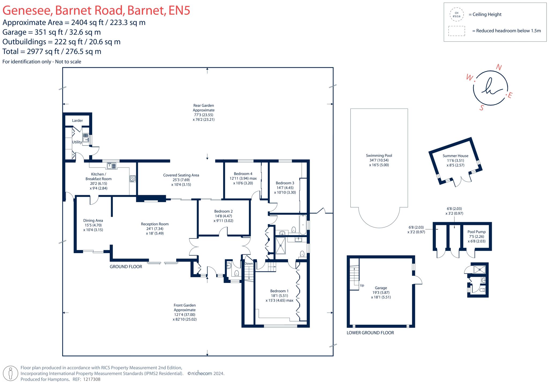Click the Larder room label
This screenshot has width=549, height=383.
77,121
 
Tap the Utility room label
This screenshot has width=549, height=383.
77,142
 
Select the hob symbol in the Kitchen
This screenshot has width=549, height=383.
133,178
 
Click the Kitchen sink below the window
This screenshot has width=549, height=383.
111,166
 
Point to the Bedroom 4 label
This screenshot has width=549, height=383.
243,174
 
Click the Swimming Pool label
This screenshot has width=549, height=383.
379,155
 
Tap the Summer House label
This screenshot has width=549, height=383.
455,156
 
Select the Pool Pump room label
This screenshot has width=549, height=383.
476,232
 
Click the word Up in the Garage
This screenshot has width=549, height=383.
362,285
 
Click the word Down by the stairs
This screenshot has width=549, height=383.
248,264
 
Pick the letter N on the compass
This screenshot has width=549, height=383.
499,67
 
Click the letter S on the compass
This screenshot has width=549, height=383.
482,108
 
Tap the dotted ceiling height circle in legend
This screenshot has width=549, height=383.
457,14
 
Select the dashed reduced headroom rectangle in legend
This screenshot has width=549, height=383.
457,31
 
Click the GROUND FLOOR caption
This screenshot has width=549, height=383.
126,267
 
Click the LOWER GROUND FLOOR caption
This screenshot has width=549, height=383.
370,333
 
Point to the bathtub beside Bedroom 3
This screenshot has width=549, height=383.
303,225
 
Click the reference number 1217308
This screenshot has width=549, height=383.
92,379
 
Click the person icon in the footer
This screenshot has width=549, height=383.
11,373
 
